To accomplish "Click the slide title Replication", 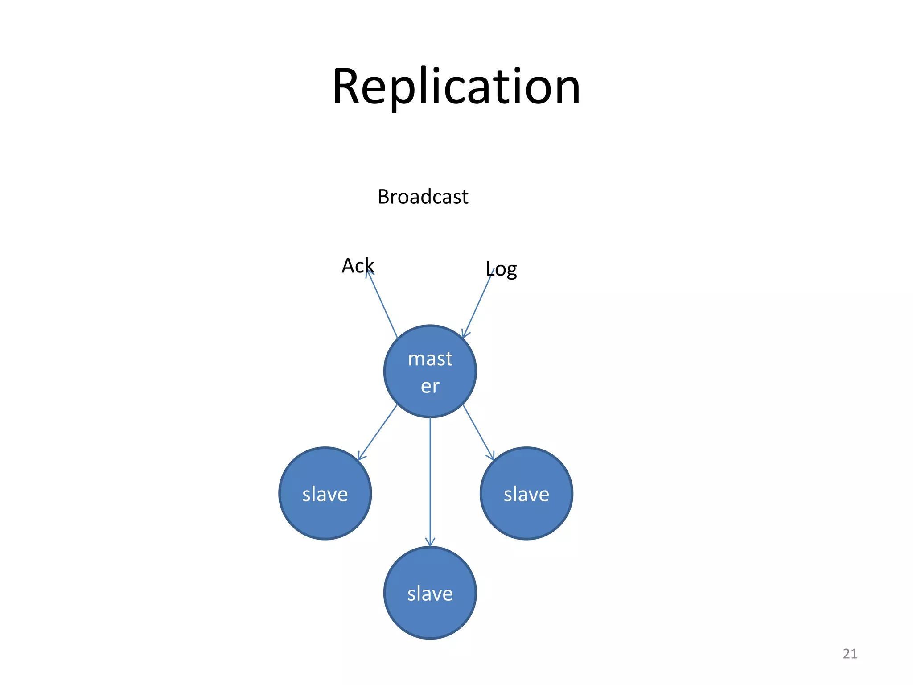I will [x=456, y=87].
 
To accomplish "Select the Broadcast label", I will [x=423, y=197].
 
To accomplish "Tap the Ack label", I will [x=357, y=266].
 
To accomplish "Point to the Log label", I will [x=501, y=269].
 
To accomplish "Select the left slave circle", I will [x=325, y=493].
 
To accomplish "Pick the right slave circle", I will [x=526, y=493].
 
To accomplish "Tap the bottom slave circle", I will [x=430, y=593].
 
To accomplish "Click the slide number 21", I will [x=850, y=654].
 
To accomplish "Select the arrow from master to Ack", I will [x=382, y=305].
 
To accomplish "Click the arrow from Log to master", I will [x=477, y=305].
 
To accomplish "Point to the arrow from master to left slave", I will [x=378, y=432].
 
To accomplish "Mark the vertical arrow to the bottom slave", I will [x=430, y=482].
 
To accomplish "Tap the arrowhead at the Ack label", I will [x=369, y=273].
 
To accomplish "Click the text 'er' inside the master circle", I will [x=430, y=386].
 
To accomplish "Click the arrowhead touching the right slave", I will [x=491, y=456].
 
